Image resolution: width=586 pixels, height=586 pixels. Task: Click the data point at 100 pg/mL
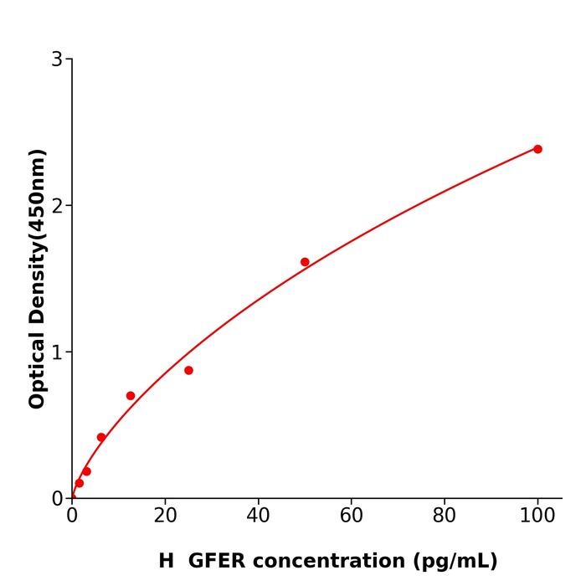[x=537, y=149]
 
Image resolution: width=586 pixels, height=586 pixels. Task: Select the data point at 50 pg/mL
[x=305, y=262]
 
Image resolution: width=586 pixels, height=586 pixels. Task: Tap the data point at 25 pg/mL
[x=188, y=370]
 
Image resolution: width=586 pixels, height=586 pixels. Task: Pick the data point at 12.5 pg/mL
[x=131, y=396]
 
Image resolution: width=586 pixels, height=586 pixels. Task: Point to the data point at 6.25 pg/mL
[x=101, y=437]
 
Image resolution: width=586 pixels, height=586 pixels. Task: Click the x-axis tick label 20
[x=165, y=517]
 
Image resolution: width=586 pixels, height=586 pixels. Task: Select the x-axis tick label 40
[x=258, y=517]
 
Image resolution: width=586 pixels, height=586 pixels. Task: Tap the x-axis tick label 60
[x=352, y=517]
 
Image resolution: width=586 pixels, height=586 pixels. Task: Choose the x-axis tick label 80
[x=445, y=517]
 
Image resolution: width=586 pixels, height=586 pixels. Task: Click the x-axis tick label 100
[x=537, y=517]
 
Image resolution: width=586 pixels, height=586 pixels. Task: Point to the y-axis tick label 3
[x=57, y=59]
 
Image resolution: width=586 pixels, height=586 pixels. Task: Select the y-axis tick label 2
[x=57, y=206]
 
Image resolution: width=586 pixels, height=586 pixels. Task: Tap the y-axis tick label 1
[x=57, y=352]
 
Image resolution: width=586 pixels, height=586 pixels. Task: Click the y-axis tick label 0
[x=57, y=499]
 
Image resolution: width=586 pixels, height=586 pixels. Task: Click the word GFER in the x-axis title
[x=215, y=562]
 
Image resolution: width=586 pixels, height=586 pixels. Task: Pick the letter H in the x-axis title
[x=166, y=562]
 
